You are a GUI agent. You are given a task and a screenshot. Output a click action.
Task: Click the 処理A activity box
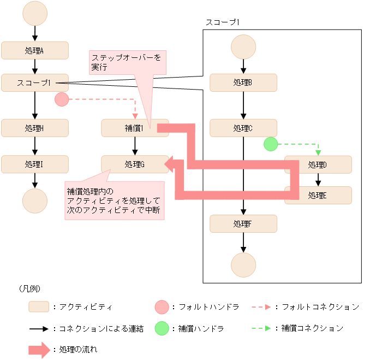coord(35,50)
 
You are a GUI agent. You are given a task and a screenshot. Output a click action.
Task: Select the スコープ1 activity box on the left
coord(35,83)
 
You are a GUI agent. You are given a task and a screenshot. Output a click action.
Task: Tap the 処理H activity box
coord(35,128)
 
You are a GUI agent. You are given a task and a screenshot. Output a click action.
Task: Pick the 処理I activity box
coord(35,164)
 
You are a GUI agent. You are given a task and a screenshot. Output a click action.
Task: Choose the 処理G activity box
coord(134,164)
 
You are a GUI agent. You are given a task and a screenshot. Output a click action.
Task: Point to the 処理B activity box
coord(243,83)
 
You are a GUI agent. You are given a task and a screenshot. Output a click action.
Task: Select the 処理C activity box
coord(243,128)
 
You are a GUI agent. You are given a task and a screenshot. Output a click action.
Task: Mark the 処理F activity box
coord(243,223)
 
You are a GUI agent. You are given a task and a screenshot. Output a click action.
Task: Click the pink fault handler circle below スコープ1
coord(62,99)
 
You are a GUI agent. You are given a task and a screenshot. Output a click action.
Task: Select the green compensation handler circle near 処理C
coord(270,144)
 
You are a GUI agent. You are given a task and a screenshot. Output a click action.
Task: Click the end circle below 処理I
coord(35,200)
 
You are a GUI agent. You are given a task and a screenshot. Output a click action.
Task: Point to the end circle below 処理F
coord(243,265)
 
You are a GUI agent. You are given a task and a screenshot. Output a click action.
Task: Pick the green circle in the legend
coord(162,328)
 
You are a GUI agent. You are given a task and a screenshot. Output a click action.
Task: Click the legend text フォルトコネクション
coord(320,307)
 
